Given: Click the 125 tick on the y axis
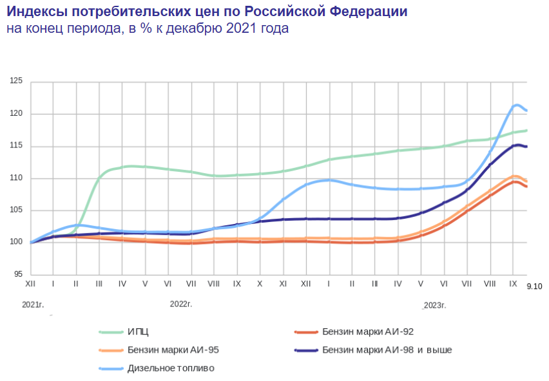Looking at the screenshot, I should (x=16, y=82).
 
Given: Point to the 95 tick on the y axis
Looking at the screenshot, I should (x=18, y=275).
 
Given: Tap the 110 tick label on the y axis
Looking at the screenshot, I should (x=16, y=178).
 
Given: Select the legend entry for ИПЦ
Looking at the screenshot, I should (x=139, y=332).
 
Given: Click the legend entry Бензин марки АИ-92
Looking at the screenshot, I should (x=367, y=332).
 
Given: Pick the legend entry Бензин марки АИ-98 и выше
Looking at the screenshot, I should (x=386, y=350).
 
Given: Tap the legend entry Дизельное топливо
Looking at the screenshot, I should (x=171, y=368).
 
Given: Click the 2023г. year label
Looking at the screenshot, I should (x=435, y=304).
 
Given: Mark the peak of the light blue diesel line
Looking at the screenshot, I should (x=517, y=105).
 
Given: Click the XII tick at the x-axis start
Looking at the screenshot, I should (x=30, y=283).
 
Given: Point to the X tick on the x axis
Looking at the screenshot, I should (x=260, y=283).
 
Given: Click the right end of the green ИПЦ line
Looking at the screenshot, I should (x=526, y=131).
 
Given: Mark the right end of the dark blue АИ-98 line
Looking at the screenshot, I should (x=526, y=147).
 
